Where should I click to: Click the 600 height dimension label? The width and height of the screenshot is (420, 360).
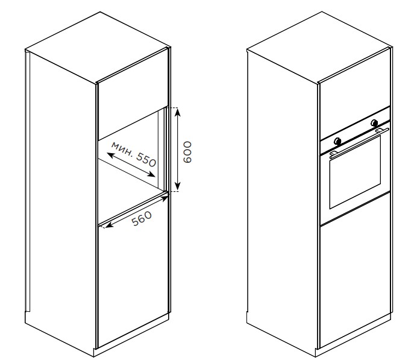click(187, 152)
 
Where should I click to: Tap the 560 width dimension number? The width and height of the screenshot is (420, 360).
click(142, 218)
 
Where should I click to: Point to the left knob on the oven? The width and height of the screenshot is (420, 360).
click(337, 141)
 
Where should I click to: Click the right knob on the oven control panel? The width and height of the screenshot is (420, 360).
click(374, 123)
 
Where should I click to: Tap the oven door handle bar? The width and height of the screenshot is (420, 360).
click(359, 141)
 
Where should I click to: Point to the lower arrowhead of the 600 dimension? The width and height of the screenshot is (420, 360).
click(178, 186)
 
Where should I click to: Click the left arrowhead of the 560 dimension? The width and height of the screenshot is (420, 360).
click(108, 225)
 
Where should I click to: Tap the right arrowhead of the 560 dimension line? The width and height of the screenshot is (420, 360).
click(164, 198)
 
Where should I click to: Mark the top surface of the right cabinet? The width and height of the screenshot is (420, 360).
click(319, 47)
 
